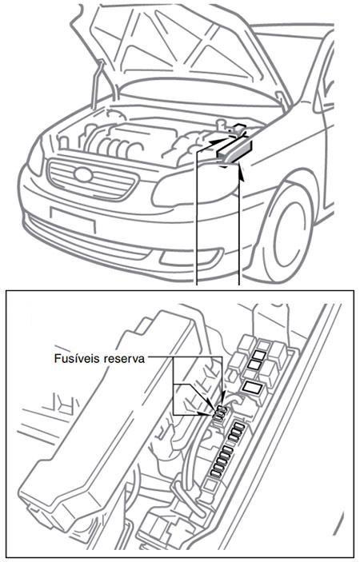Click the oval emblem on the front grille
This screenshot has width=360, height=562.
pos(82,176)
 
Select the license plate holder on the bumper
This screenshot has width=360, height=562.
pos(72,220)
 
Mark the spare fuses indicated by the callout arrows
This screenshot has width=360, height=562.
pos(218,411)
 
